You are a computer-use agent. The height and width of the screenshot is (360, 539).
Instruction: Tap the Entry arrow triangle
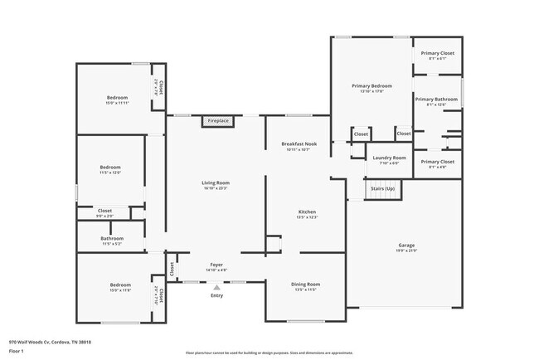click(216, 287)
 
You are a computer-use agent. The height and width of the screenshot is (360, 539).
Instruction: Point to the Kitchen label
click(307, 212)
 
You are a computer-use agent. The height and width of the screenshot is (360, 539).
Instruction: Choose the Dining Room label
click(305, 285)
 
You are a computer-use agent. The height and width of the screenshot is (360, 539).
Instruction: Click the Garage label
click(406, 245)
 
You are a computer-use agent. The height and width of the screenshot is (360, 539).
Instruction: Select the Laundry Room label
click(388, 158)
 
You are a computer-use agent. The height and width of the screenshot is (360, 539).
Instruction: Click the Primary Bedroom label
click(371, 85)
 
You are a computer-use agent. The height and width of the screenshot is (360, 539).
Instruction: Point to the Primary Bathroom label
click(436, 99)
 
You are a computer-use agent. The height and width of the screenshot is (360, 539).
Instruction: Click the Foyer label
click(216, 265)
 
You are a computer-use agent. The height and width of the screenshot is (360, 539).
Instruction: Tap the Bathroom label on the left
click(112, 238)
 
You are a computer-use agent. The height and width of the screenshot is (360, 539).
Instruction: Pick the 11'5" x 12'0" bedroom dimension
click(111, 173)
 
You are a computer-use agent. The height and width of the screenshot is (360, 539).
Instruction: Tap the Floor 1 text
click(17, 352)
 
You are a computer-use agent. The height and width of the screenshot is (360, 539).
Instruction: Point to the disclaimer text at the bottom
click(269, 353)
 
